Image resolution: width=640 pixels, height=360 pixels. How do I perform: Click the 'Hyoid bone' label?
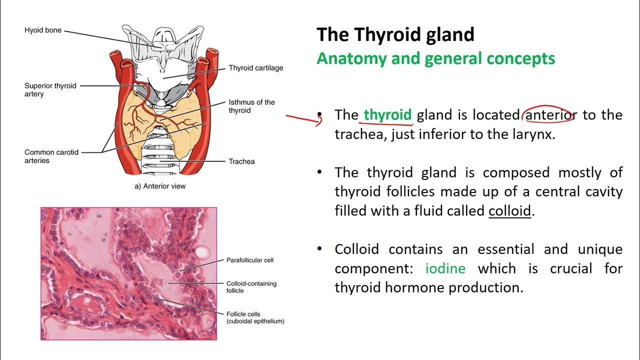click(x=43, y=30)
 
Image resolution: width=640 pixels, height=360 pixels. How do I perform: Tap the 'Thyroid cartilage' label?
click(x=255, y=68)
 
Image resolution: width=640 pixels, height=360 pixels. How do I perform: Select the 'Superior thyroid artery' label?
click(x=50, y=90)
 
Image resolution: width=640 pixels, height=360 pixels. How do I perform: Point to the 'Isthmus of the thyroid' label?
click(x=251, y=106)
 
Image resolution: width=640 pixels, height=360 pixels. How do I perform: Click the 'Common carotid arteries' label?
click(x=51, y=156)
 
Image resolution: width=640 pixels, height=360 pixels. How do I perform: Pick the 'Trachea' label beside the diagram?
click(x=241, y=161)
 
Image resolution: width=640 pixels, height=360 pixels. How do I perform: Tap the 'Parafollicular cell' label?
click(x=250, y=260)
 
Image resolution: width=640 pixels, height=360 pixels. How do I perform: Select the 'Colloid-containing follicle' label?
click(x=251, y=287)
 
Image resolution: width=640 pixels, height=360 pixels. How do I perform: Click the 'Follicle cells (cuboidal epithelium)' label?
click(x=255, y=317)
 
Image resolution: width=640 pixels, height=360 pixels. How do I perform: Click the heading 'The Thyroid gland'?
click(x=395, y=35)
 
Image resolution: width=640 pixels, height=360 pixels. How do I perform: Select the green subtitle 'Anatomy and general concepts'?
click(x=435, y=58)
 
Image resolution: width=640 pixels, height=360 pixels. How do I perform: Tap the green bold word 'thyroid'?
click(x=387, y=115)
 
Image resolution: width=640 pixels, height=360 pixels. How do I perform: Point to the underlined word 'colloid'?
click(x=509, y=211)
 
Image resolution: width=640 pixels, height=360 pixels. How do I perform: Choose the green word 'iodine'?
click(x=445, y=268)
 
